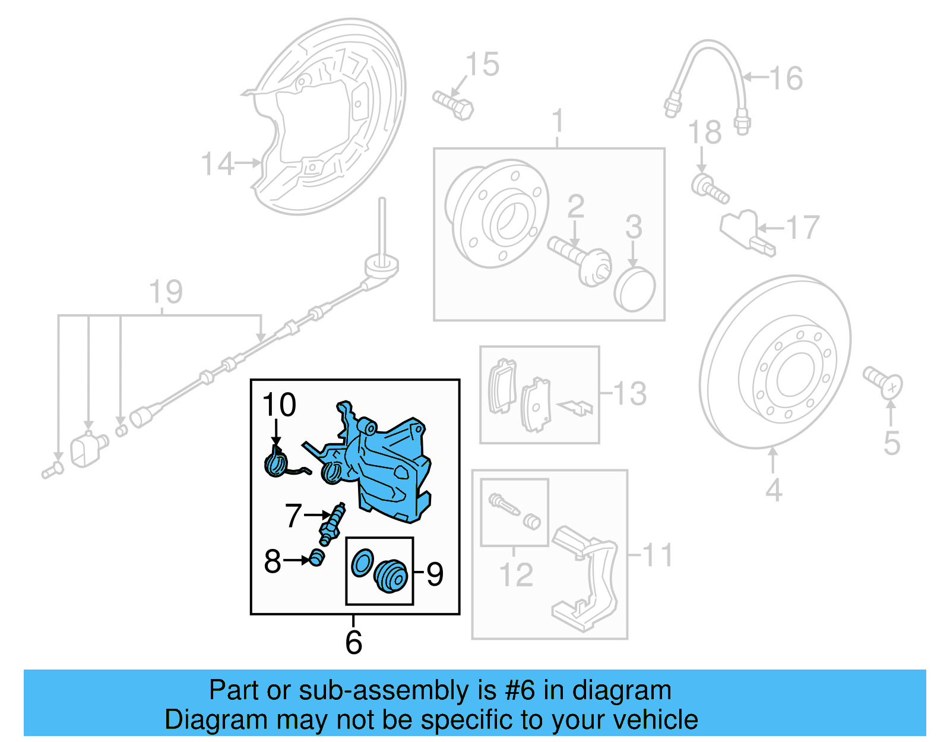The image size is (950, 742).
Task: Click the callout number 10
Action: (x=278, y=405)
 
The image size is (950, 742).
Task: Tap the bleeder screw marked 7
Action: (x=332, y=523)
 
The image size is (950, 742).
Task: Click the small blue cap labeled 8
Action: (x=318, y=558)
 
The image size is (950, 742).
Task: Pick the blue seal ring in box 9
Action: (x=362, y=563)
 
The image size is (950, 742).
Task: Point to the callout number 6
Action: (x=353, y=642)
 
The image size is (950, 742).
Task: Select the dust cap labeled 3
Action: (x=634, y=289)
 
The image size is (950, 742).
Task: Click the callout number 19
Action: (x=166, y=292)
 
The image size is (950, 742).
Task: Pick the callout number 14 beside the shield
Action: (x=217, y=164)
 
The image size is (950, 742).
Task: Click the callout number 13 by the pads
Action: (x=629, y=393)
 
